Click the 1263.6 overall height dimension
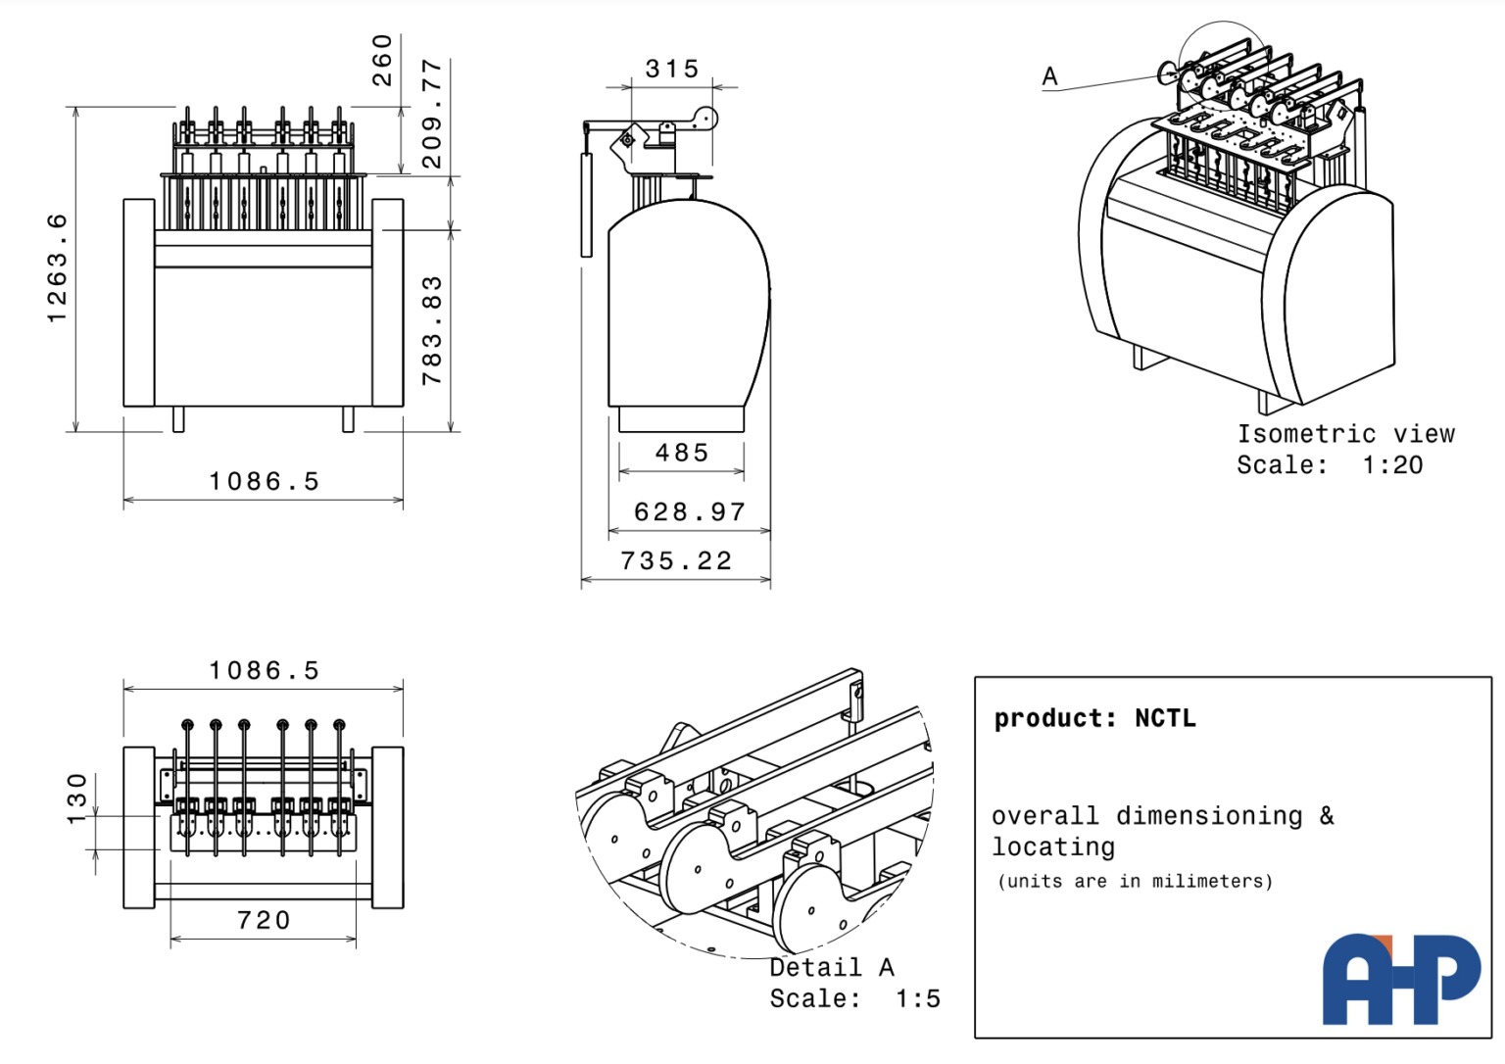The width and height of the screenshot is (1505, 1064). (57, 268)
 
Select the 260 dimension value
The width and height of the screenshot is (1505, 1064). (382, 60)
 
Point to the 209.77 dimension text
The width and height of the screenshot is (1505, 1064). (431, 114)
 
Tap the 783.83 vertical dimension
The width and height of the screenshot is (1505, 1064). (431, 330)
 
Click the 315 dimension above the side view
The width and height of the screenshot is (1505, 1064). (672, 69)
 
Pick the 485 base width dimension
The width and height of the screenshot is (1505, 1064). (682, 453)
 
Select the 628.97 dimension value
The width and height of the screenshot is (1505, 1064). (690, 511)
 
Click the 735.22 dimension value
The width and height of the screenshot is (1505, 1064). (676, 560)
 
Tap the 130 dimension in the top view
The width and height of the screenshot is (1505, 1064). (76, 798)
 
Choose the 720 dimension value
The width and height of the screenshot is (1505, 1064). (265, 920)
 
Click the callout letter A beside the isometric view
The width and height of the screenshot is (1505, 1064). (1050, 76)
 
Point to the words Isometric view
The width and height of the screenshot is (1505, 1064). (1345, 433)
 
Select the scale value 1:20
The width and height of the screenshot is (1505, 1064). (1392, 464)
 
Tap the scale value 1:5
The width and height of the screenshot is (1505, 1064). (917, 998)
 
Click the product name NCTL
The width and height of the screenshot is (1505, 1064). (1165, 718)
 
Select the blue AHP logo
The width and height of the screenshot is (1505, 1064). (1401, 979)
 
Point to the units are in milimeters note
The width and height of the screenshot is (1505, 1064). (1135, 881)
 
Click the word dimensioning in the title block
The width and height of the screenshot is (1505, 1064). (1209, 815)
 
